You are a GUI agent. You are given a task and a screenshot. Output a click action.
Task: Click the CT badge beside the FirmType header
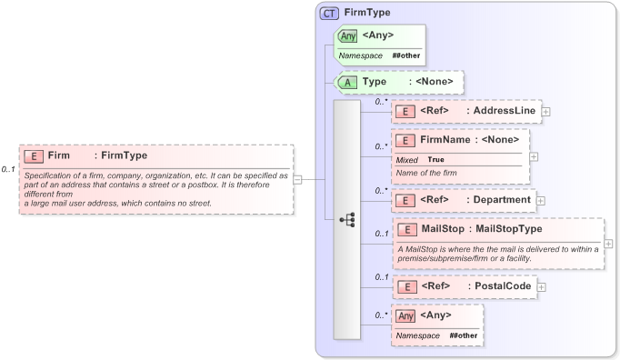[330, 14]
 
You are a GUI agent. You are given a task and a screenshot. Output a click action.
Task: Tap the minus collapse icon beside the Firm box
[297, 179]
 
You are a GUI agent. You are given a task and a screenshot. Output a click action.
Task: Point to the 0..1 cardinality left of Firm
[8, 170]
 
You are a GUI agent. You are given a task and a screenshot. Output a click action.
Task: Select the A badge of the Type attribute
[347, 82]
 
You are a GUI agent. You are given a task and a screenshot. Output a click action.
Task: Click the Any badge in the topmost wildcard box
[348, 36]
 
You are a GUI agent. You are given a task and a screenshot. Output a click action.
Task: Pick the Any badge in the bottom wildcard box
[406, 315]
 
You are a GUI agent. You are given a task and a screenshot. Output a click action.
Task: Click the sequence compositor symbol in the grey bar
[346, 220]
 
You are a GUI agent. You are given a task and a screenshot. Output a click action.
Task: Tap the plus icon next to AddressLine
[546, 111]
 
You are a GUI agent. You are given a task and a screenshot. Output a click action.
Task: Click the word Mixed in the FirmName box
[406, 159]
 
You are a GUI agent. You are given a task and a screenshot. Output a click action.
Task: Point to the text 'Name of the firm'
[425, 173]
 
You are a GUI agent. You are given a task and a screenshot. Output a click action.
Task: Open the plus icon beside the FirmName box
[534, 156]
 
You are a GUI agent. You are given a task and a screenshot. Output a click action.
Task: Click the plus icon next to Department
[541, 199]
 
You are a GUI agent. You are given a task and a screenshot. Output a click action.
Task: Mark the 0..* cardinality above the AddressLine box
[382, 102]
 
